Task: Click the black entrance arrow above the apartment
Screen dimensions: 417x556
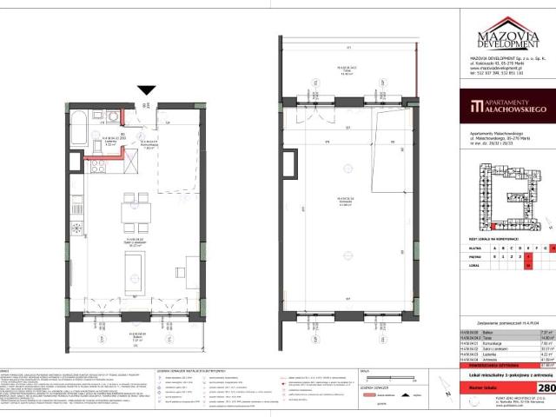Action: click(x=146, y=90)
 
